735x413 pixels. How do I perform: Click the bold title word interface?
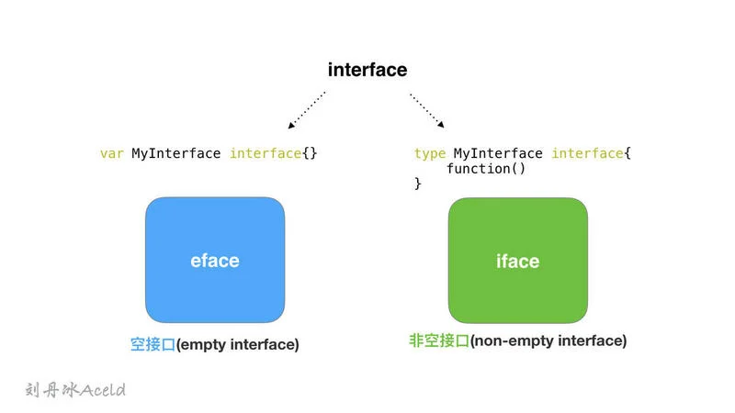click(367, 70)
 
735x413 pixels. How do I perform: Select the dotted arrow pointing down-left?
click(307, 110)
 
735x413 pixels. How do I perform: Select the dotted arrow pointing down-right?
click(427, 110)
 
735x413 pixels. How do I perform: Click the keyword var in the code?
click(112, 153)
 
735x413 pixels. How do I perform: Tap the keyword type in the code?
click(430, 154)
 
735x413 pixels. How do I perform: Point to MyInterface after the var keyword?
click(175, 153)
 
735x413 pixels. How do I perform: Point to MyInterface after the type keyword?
click(498, 153)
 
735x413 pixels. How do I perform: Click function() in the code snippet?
click(486, 169)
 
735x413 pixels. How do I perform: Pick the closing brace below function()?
click(418, 183)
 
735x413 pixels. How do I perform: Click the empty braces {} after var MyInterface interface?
click(310, 153)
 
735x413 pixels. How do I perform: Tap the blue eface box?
click(215, 260)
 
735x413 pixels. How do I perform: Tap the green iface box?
click(518, 261)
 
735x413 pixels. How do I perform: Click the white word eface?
click(215, 261)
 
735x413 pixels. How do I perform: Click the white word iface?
click(518, 261)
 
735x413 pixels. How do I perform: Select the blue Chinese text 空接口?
click(153, 345)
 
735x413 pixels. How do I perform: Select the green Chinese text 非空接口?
click(439, 340)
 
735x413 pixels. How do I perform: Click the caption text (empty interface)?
click(238, 345)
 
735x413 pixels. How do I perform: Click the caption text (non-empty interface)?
click(548, 340)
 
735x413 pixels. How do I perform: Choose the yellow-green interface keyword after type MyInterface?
click(588, 153)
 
